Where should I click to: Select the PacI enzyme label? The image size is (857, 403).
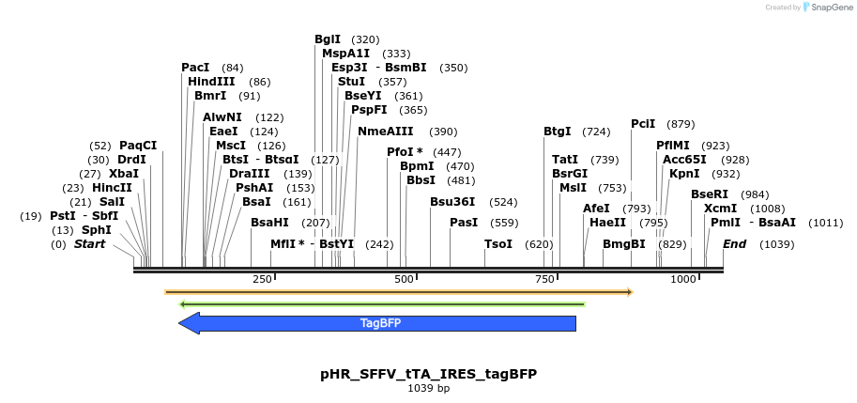tap(195, 68)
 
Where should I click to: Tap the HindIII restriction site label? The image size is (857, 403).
tap(211, 82)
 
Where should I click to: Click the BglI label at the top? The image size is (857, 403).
tap(328, 39)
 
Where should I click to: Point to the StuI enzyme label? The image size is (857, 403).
tap(351, 82)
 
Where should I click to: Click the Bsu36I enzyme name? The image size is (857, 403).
tap(452, 202)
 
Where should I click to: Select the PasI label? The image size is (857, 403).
tap(464, 223)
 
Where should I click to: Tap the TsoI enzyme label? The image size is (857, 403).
tap(497, 244)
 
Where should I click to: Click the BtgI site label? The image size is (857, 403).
tap(557, 132)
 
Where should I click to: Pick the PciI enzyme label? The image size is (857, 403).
tap(643, 124)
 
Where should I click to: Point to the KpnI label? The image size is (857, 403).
tap(684, 174)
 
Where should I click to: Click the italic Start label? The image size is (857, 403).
tap(90, 244)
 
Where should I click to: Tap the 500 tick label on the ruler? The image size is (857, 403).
tap(405, 279)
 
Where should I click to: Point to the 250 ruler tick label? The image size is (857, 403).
tap(262, 279)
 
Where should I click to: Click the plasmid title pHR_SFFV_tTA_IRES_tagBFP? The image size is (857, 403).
tap(428, 374)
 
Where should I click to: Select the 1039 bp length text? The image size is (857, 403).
tap(428, 388)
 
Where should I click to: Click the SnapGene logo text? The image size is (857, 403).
tap(828, 8)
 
